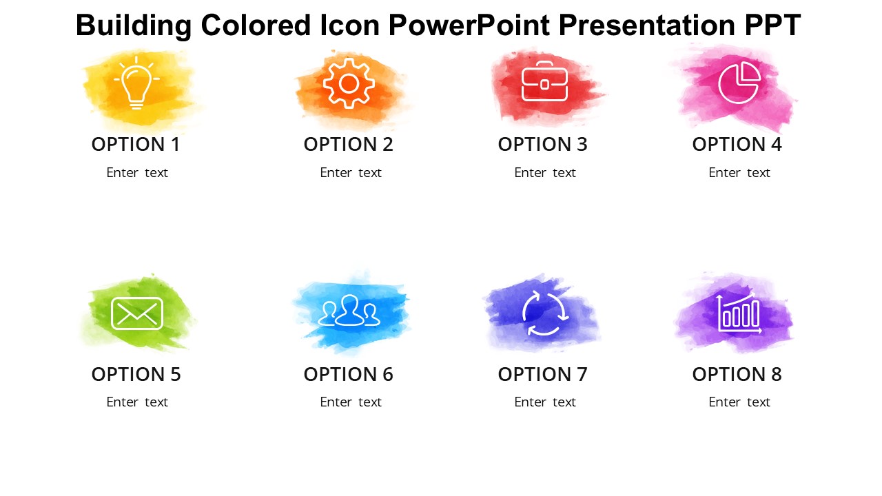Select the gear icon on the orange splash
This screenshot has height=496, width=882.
[x=349, y=83]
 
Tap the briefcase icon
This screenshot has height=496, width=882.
[x=544, y=82]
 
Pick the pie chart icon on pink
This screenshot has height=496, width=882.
[x=739, y=83]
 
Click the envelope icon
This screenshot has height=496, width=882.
[x=137, y=313]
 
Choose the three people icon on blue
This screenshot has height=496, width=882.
[x=349, y=311]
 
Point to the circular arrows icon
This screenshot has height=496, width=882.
[x=545, y=313]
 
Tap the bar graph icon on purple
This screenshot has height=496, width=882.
[x=739, y=313]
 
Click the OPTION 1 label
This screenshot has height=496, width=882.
[x=136, y=145]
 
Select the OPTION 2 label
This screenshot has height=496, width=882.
[x=348, y=145]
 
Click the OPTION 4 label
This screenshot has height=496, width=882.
[x=737, y=145]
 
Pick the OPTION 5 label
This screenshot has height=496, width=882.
[x=136, y=375]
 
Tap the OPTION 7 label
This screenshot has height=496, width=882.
[x=542, y=375]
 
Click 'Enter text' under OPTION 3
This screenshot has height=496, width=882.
[x=544, y=173]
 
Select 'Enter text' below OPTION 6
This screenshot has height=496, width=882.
[x=350, y=402]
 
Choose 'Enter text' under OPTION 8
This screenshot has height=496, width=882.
[x=739, y=402]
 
